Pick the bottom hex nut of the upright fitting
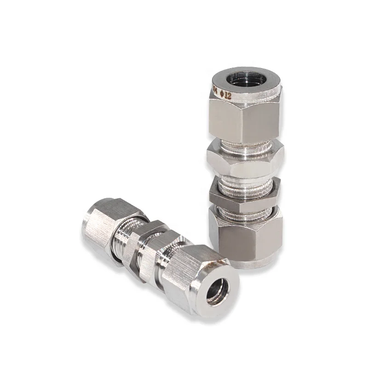point(246,235)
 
